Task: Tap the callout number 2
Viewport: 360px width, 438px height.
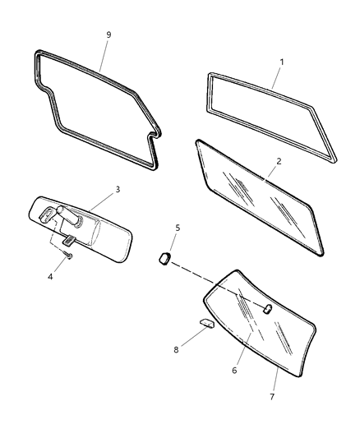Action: [x=279, y=162]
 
